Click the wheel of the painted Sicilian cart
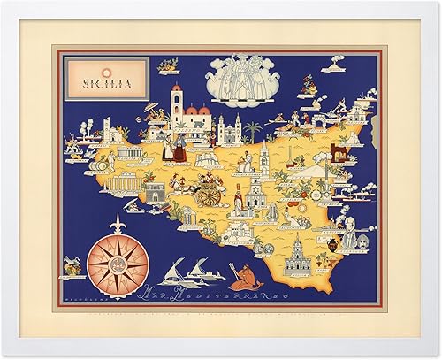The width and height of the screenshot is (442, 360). click(x=210, y=196)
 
